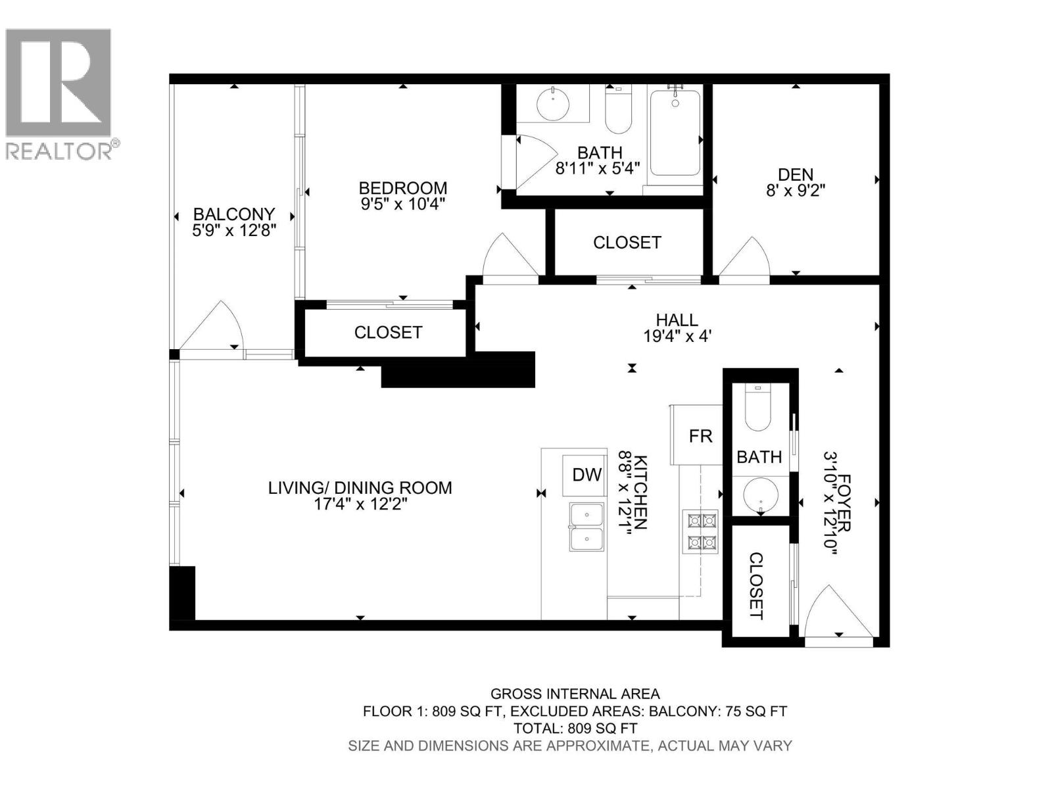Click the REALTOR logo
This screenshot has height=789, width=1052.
point(59,92)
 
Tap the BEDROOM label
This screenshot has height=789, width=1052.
point(403,187)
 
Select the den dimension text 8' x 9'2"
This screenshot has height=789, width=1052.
point(796,191)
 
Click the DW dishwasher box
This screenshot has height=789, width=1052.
point(586,475)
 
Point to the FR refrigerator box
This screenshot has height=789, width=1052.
point(700,436)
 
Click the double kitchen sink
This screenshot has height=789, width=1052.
point(587,527)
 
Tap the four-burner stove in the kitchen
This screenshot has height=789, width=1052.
point(702,531)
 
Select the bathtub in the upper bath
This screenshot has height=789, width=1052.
point(675,133)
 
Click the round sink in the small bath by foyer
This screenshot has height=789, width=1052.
point(761,495)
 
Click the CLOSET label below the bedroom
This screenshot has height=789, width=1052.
point(388,333)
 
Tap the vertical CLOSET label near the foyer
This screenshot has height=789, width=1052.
point(756,586)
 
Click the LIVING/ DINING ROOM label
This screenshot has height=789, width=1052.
point(360,488)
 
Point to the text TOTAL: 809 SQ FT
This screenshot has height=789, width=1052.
point(575,728)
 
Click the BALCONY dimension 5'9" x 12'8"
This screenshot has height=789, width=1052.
point(233,231)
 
